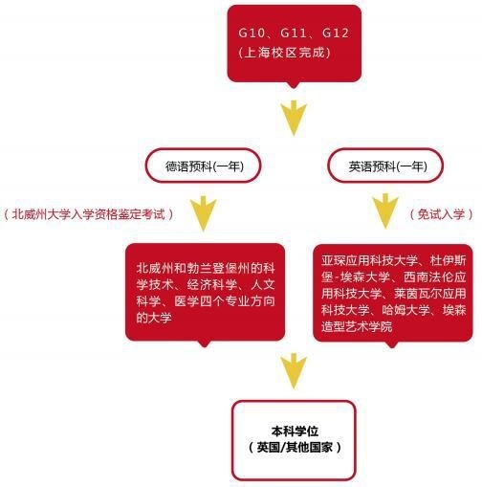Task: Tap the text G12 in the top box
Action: click(336, 33)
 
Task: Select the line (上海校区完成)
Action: click(284, 53)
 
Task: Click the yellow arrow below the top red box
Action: click(294, 118)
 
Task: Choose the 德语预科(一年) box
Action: click(204, 166)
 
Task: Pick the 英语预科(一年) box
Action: click(385, 166)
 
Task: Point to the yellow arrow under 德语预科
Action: click(204, 213)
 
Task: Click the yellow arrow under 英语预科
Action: click(385, 211)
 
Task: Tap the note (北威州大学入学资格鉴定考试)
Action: click(89, 214)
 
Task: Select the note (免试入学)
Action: click(441, 214)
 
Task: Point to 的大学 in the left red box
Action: click(154, 318)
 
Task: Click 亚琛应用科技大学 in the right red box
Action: click(369, 260)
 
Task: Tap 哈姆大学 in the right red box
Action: click(406, 310)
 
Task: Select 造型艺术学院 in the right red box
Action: click(357, 326)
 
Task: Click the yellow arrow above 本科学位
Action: click(294, 371)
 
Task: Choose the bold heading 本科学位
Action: click(295, 432)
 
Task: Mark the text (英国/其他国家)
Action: click(295, 447)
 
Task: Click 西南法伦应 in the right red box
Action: click(435, 277)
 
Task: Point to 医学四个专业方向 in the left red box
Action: click(225, 301)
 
